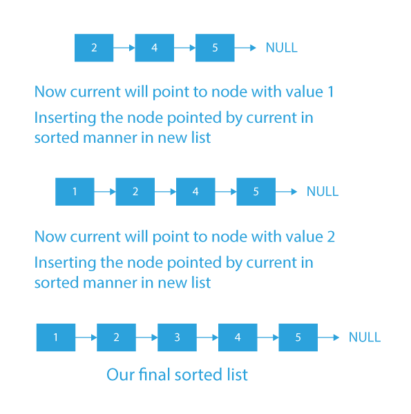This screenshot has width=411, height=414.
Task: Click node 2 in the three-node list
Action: pos(94,48)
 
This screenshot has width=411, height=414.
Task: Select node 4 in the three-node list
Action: pos(154,48)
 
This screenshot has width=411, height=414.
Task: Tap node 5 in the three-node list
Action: pos(215,48)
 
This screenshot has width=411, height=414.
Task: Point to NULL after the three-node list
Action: pos(282,48)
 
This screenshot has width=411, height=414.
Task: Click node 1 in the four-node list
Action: pos(75,192)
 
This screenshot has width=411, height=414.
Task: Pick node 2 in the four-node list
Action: pos(135,192)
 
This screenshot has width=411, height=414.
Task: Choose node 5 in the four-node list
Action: pos(256,192)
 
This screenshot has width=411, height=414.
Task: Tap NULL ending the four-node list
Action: pos(323,191)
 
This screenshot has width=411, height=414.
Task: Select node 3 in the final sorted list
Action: pos(177,337)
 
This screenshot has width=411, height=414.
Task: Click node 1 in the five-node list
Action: pos(56,337)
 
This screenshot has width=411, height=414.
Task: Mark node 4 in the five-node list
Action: pos(238,337)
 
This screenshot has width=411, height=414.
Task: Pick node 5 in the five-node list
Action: pos(298,337)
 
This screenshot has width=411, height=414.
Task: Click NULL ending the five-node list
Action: pos(365,337)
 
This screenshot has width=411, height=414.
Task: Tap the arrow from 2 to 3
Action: pos(146,337)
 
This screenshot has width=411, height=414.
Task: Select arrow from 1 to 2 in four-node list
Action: pos(105,192)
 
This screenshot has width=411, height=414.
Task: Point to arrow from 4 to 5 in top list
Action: pos(184,48)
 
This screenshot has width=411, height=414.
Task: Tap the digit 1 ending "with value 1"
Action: pos(331,92)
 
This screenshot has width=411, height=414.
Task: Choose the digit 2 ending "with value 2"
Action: pos(331,237)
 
